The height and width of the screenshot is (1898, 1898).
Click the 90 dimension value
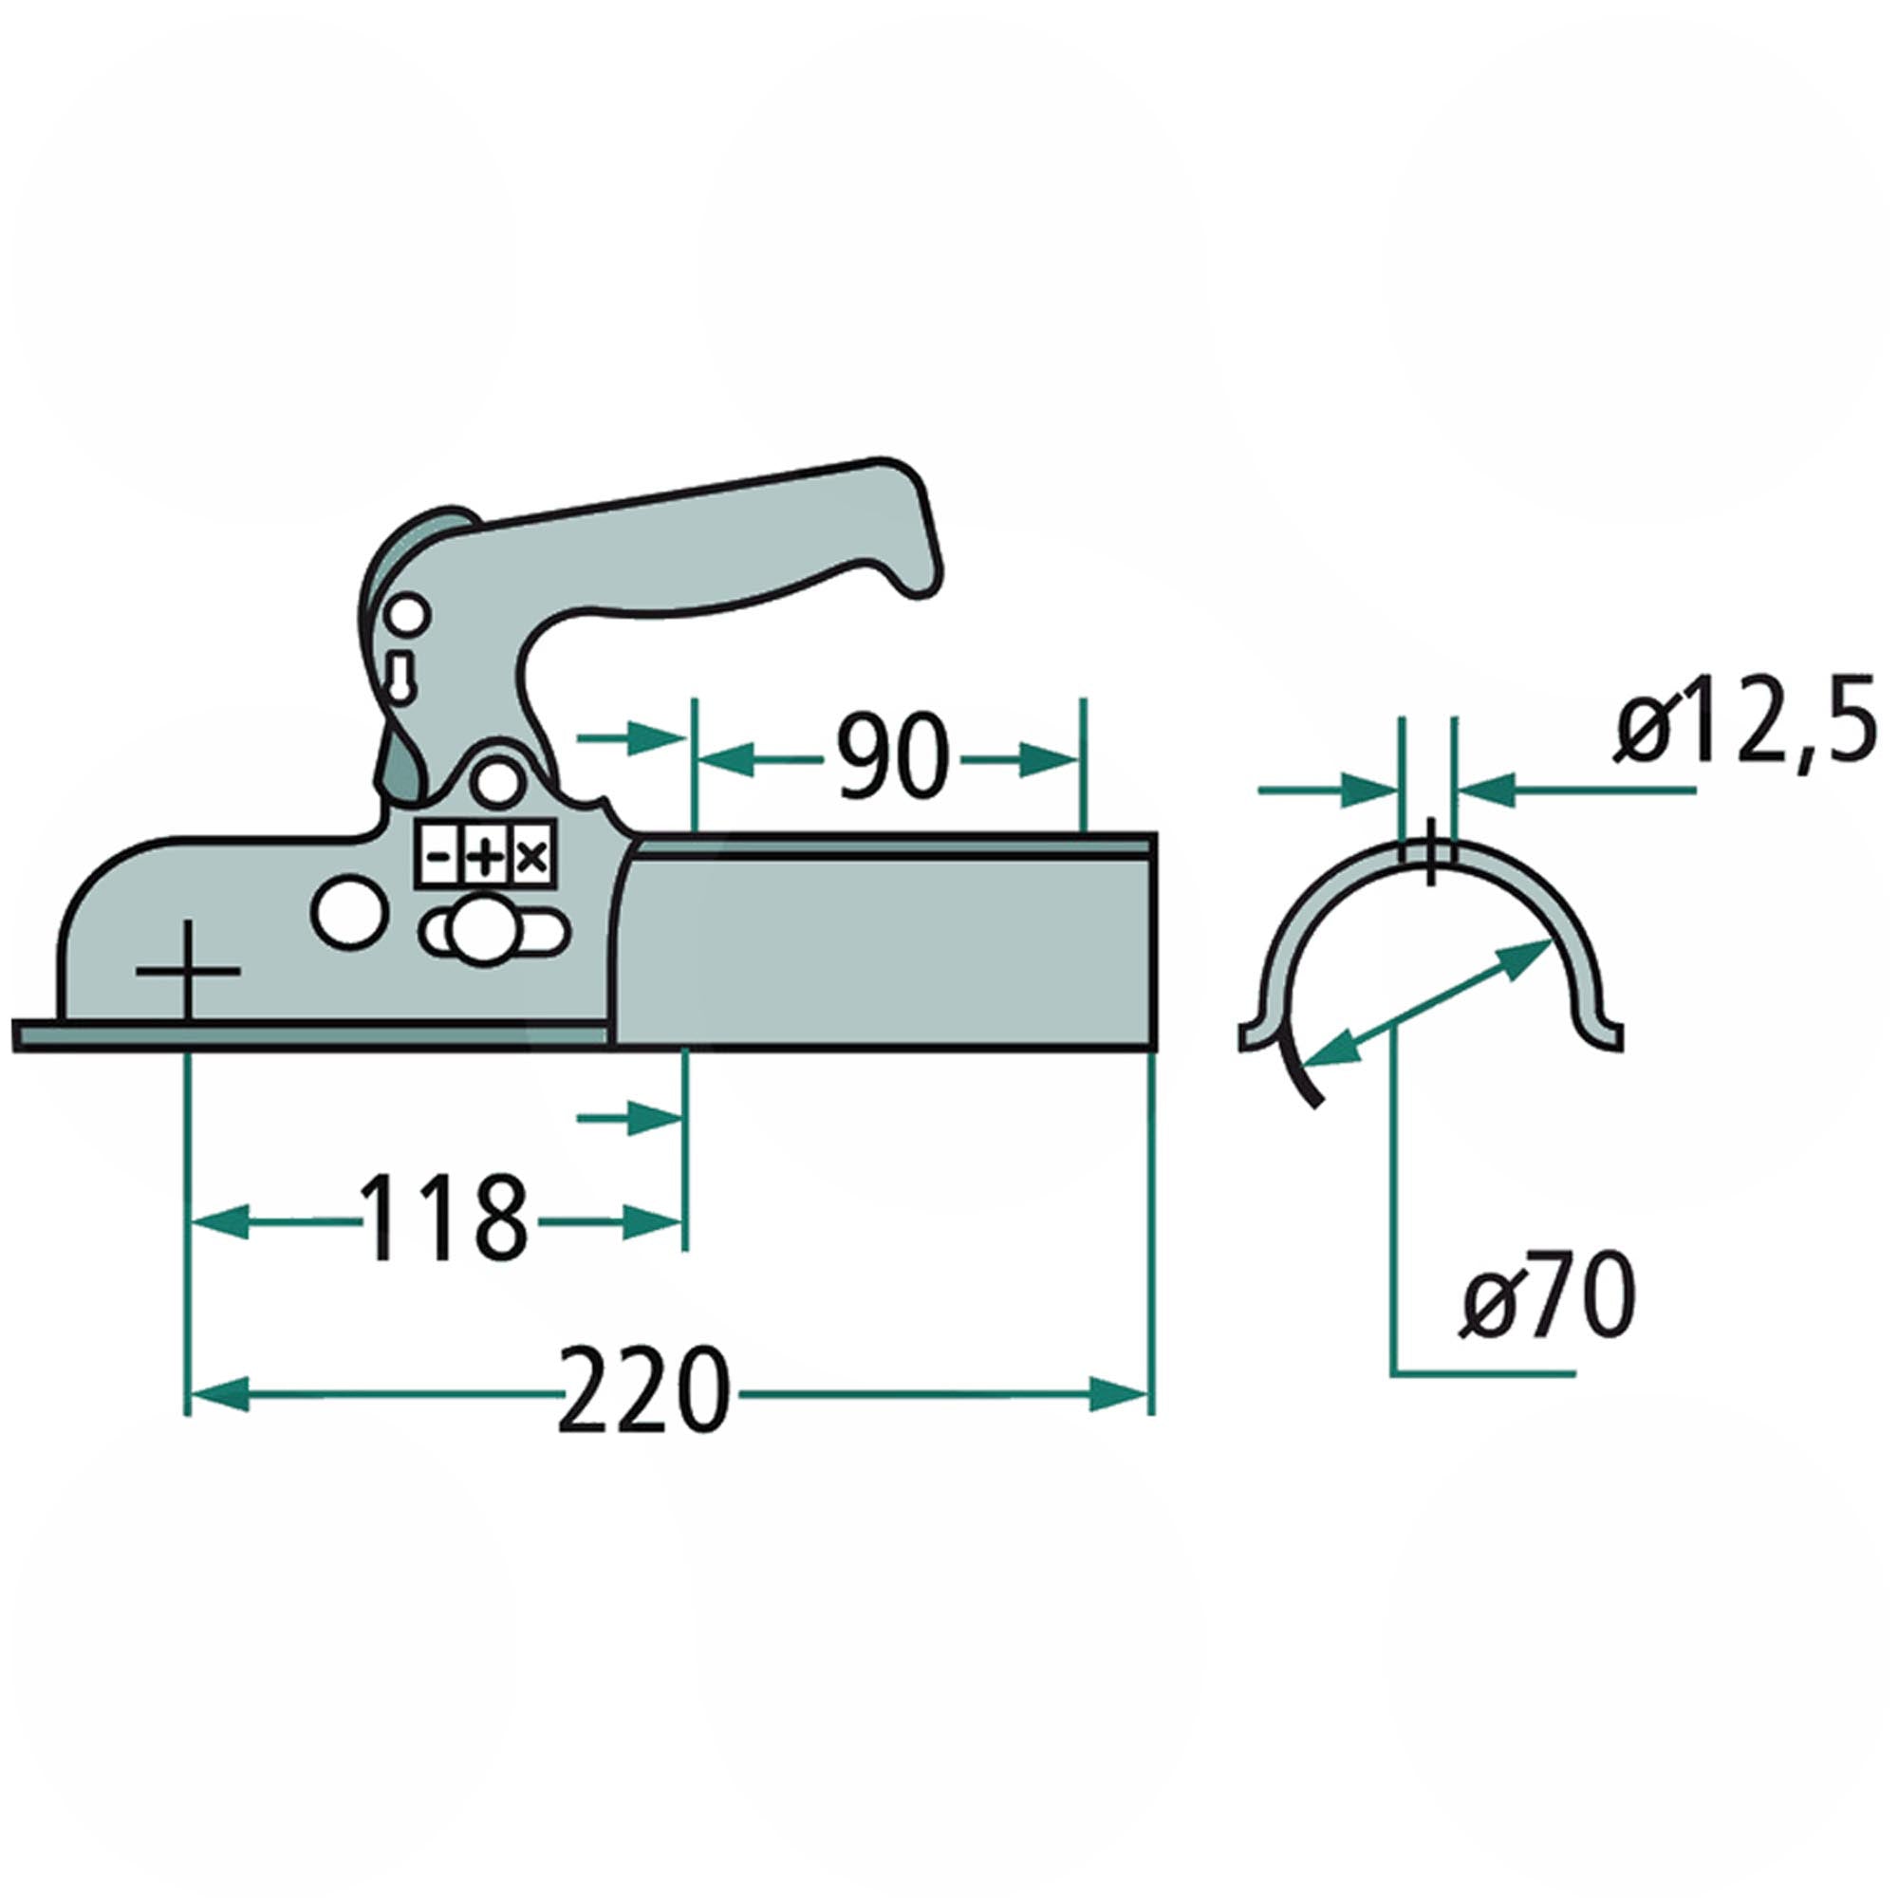point(892,757)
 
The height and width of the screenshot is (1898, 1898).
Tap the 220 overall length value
point(643,1392)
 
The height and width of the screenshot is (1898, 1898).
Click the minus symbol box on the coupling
point(438,859)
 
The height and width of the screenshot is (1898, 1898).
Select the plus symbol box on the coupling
point(484,859)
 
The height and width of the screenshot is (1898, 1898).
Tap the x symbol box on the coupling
point(531,859)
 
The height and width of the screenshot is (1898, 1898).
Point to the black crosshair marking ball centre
point(188,971)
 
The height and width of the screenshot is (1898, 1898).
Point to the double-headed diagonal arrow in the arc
point(1426,1001)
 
